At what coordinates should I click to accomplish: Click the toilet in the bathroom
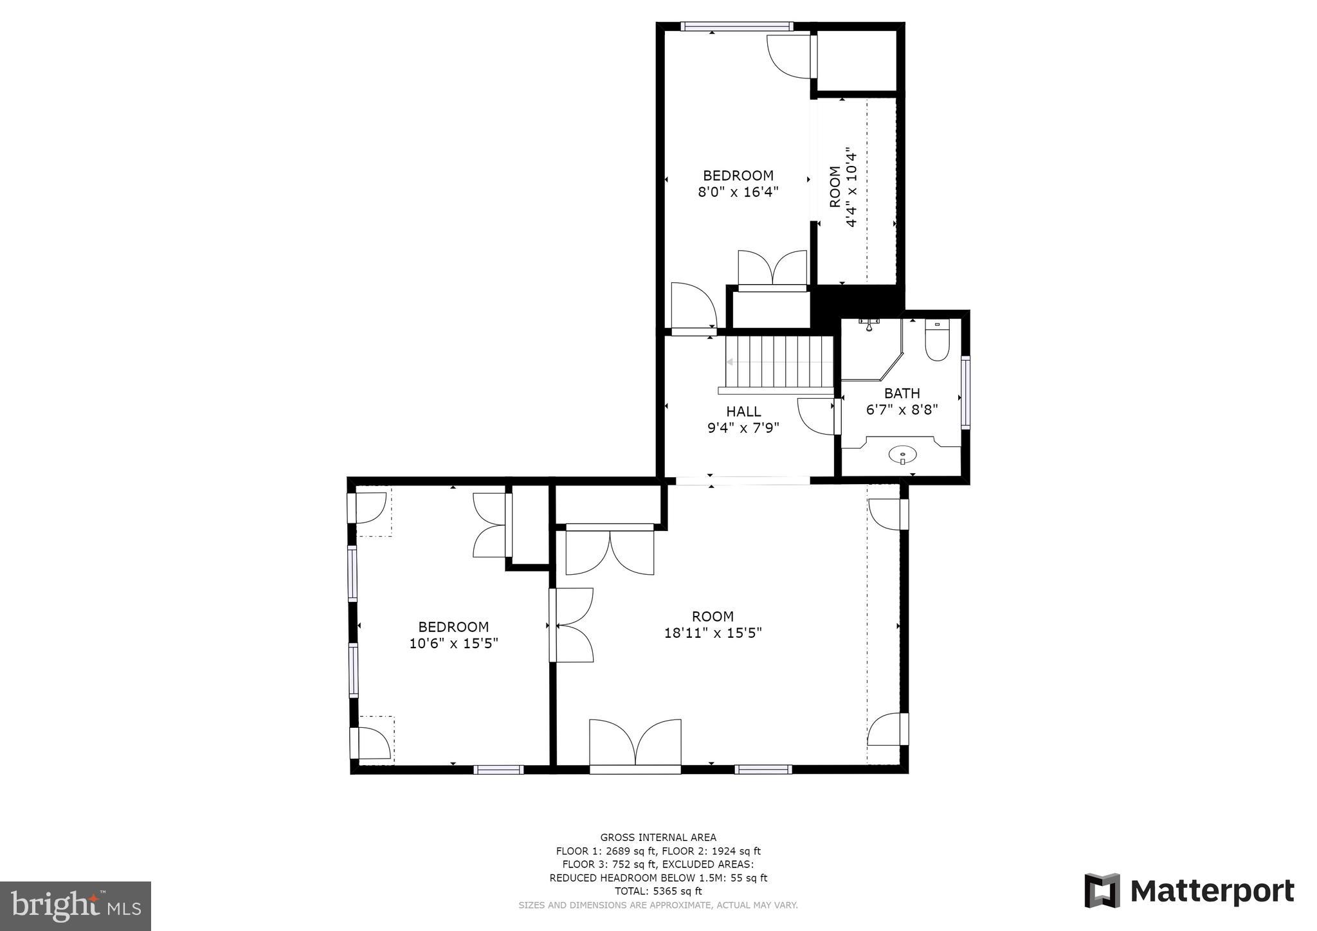pyautogui.click(x=937, y=341)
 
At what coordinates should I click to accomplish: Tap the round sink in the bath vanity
pyautogui.click(x=902, y=455)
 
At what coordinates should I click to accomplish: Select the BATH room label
pyautogui.click(x=902, y=393)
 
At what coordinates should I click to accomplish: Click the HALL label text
pyautogui.click(x=743, y=411)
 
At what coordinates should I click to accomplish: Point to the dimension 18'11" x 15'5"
pyautogui.click(x=713, y=633)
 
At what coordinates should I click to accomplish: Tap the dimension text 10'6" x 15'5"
pyautogui.click(x=453, y=643)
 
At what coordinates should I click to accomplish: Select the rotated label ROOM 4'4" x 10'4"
pyautogui.click(x=843, y=187)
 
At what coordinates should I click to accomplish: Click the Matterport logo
pyautogui.click(x=1189, y=891)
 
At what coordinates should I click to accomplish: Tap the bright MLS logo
pyautogui.click(x=75, y=906)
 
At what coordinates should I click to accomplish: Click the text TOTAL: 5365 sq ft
pyautogui.click(x=658, y=891)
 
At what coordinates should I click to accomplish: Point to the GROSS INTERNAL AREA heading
pyautogui.click(x=658, y=837)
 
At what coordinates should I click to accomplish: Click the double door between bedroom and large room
pyautogui.click(x=572, y=625)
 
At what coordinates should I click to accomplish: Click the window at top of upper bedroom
pyautogui.click(x=736, y=26)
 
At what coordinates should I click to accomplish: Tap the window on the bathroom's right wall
pyautogui.click(x=965, y=392)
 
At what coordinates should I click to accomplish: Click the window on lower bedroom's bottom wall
pyautogui.click(x=498, y=770)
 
